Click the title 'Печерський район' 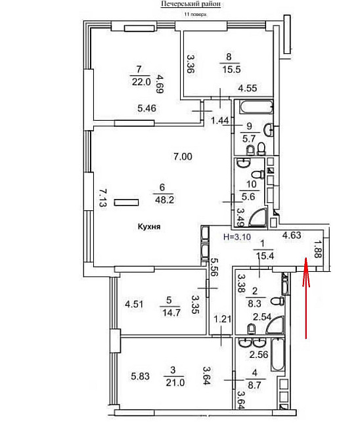191,4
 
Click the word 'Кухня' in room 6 149,226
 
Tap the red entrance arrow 306,298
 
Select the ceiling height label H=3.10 237,236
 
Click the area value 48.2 164,200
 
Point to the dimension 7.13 102,198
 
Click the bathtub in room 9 257,107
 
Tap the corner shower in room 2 275,325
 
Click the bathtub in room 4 277,355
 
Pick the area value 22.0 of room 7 141,82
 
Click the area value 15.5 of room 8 231,70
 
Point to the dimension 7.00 183,156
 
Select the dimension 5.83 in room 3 140,376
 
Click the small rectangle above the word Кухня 126,202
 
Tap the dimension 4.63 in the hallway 292,235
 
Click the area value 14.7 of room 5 171,313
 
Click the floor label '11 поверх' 195,14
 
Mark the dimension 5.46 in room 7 147,108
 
